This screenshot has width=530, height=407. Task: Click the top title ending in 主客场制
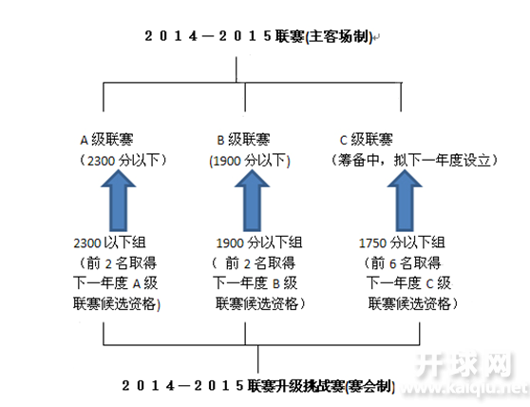click(258, 36)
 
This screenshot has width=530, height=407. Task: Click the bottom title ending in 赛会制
click(258, 386)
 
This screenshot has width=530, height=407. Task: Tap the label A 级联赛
click(106, 140)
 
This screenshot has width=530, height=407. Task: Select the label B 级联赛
click(243, 140)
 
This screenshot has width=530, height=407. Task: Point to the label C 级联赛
click(367, 140)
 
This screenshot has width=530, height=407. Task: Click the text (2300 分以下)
click(123, 161)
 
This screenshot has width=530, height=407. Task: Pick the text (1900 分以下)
click(250, 161)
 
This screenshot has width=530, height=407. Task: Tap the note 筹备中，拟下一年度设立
click(414, 161)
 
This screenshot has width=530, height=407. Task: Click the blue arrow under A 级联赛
click(119, 200)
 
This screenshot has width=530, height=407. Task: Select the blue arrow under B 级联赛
click(252, 200)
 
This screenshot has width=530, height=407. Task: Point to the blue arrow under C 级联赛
click(405, 200)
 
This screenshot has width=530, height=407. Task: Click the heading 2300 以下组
click(109, 242)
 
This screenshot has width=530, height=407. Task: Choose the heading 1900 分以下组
click(259, 242)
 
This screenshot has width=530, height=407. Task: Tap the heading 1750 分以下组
click(402, 242)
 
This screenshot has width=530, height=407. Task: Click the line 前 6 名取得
click(403, 263)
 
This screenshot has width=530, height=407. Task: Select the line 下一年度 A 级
click(116, 283)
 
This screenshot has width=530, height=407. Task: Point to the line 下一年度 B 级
click(256, 283)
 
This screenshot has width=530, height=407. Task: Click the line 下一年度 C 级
click(409, 283)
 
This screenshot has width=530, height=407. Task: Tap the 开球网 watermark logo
click(464, 365)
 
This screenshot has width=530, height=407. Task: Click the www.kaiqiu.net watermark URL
click(464, 388)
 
